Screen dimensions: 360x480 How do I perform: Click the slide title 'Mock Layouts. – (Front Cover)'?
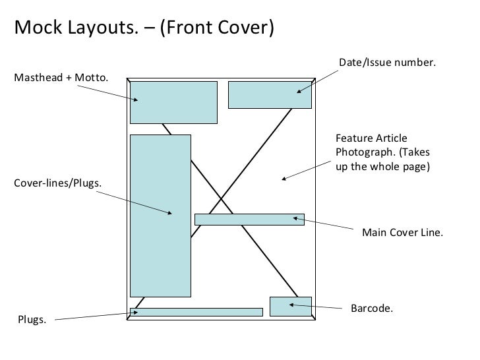click(x=144, y=28)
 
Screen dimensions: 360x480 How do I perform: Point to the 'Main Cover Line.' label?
click(x=403, y=233)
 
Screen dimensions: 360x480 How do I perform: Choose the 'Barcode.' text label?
click(x=371, y=309)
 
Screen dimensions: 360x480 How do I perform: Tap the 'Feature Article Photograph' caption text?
click(x=382, y=152)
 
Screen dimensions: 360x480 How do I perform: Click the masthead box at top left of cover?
click(x=173, y=102)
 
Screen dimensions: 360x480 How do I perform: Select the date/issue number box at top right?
click(x=270, y=94)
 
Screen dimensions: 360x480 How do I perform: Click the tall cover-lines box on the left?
click(x=160, y=216)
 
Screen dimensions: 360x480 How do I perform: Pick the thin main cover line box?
click(x=249, y=220)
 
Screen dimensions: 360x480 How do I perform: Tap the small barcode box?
click(x=290, y=306)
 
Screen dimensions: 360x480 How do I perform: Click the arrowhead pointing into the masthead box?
click(x=136, y=100)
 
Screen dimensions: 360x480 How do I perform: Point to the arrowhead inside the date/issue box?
click(x=299, y=91)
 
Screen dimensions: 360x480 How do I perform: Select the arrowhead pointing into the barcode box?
click(x=289, y=305)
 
